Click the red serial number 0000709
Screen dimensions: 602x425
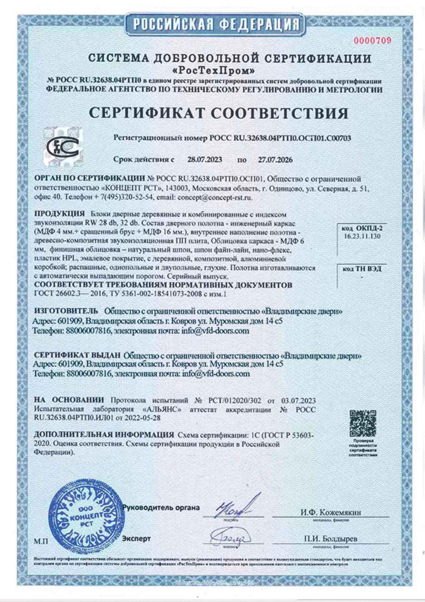[x=373, y=41]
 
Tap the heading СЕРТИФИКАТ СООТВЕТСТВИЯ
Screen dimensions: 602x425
[x=219, y=113]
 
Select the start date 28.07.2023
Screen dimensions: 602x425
[x=204, y=160]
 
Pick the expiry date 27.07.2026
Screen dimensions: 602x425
[x=275, y=160]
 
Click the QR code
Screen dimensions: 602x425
[x=362, y=424]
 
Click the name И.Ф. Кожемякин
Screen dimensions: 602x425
[x=331, y=513]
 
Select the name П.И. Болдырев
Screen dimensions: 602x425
[x=331, y=539]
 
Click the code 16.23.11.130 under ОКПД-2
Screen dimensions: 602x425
[x=362, y=236]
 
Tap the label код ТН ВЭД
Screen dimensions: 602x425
[x=362, y=268]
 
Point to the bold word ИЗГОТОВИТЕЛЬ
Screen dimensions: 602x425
[x=66, y=311]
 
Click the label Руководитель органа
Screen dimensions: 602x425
[x=161, y=507]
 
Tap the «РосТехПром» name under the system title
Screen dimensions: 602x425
[x=213, y=71]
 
